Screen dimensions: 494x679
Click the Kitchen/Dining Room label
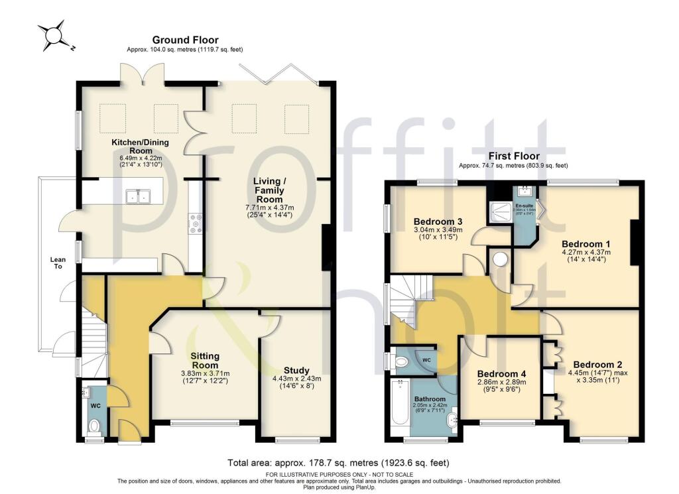pyautogui.click(x=140, y=147)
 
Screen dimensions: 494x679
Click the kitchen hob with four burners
pyautogui.click(x=196, y=224)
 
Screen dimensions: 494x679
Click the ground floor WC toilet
pyautogui.click(x=94, y=425)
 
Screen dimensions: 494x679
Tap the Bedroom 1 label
pyautogui.click(x=585, y=243)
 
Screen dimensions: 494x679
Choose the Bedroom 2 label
pyautogui.click(x=597, y=364)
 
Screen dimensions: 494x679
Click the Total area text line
pyautogui.click(x=339, y=462)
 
